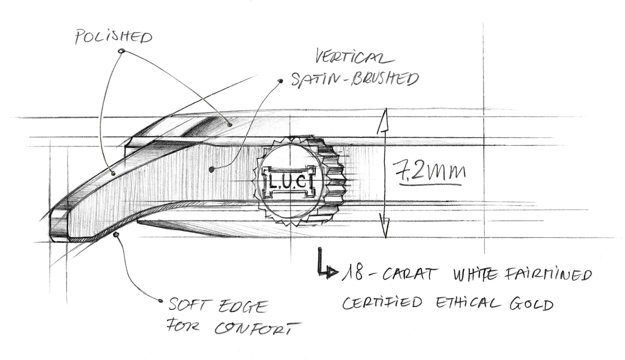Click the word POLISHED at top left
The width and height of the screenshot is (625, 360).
(114, 37)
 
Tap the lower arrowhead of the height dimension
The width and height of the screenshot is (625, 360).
(386, 229)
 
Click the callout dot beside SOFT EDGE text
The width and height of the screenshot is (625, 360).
(161, 301)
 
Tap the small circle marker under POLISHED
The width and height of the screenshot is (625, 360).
(122, 51)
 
